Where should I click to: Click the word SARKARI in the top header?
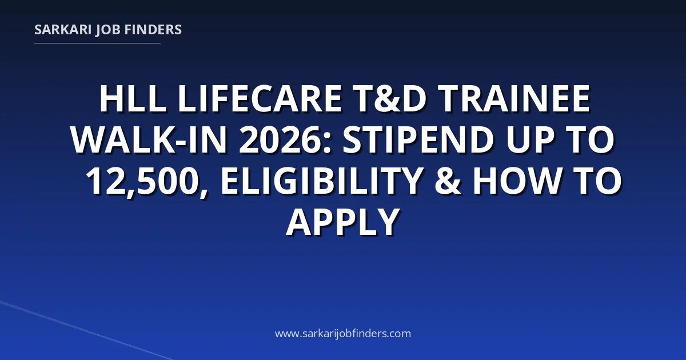(63, 30)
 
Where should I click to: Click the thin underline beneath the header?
(97, 43)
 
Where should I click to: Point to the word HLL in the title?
(133, 99)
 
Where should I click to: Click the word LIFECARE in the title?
(260, 99)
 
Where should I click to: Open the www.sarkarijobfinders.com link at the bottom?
(343, 333)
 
